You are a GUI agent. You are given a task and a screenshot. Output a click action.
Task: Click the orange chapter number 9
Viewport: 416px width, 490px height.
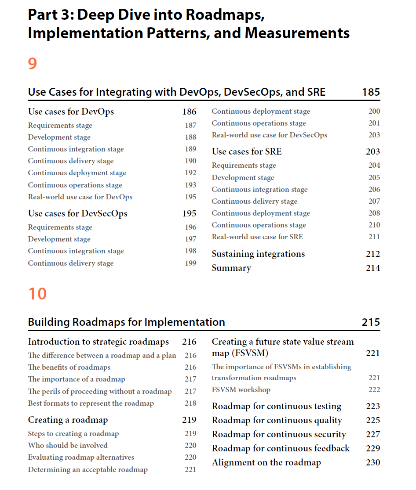pyautogui.click(x=33, y=64)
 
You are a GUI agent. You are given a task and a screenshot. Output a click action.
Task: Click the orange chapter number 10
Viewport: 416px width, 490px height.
pyautogui.click(x=37, y=294)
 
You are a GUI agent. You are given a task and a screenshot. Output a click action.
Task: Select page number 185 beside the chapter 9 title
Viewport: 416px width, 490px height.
pyautogui.click(x=371, y=92)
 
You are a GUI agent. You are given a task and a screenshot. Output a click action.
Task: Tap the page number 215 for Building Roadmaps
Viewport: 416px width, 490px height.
pyautogui.click(x=371, y=322)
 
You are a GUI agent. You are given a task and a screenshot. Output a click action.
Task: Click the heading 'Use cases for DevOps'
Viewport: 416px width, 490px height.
pyautogui.click(x=71, y=112)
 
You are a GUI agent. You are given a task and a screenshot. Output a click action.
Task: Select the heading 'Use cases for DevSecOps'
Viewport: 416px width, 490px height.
pyautogui.click(x=77, y=213)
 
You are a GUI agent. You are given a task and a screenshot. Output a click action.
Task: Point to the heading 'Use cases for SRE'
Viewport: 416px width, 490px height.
pyautogui.click(x=247, y=151)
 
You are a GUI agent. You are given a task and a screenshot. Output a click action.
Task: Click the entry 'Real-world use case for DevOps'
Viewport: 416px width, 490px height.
pyautogui.click(x=80, y=197)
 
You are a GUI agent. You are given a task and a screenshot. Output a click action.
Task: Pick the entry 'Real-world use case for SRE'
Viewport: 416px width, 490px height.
pyautogui.click(x=257, y=237)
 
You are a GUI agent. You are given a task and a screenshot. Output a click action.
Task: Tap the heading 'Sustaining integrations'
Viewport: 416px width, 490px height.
pyautogui.click(x=258, y=254)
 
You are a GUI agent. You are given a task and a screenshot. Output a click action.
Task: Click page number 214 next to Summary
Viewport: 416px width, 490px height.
pyautogui.click(x=373, y=268)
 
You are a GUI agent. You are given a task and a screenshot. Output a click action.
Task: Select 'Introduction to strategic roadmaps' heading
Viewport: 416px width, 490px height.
pyautogui.click(x=99, y=342)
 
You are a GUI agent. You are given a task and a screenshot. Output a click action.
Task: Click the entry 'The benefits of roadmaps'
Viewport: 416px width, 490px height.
pyautogui.click(x=69, y=367)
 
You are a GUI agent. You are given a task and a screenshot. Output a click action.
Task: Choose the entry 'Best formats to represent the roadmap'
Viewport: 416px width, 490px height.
pyautogui.click(x=91, y=403)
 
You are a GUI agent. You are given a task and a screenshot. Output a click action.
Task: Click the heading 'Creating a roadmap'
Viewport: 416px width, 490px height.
pyautogui.click(x=68, y=420)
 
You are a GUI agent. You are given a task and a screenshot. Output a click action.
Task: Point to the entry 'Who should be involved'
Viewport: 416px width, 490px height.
pyautogui.click(x=68, y=445)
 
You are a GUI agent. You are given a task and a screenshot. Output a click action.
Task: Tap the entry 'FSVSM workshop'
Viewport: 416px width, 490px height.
pyautogui.click(x=241, y=389)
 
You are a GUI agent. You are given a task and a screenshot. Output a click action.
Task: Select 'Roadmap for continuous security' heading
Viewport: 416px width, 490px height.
pyautogui.click(x=279, y=434)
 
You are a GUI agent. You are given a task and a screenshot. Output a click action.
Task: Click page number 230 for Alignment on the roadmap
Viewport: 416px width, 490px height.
pyautogui.click(x=373, y=462)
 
